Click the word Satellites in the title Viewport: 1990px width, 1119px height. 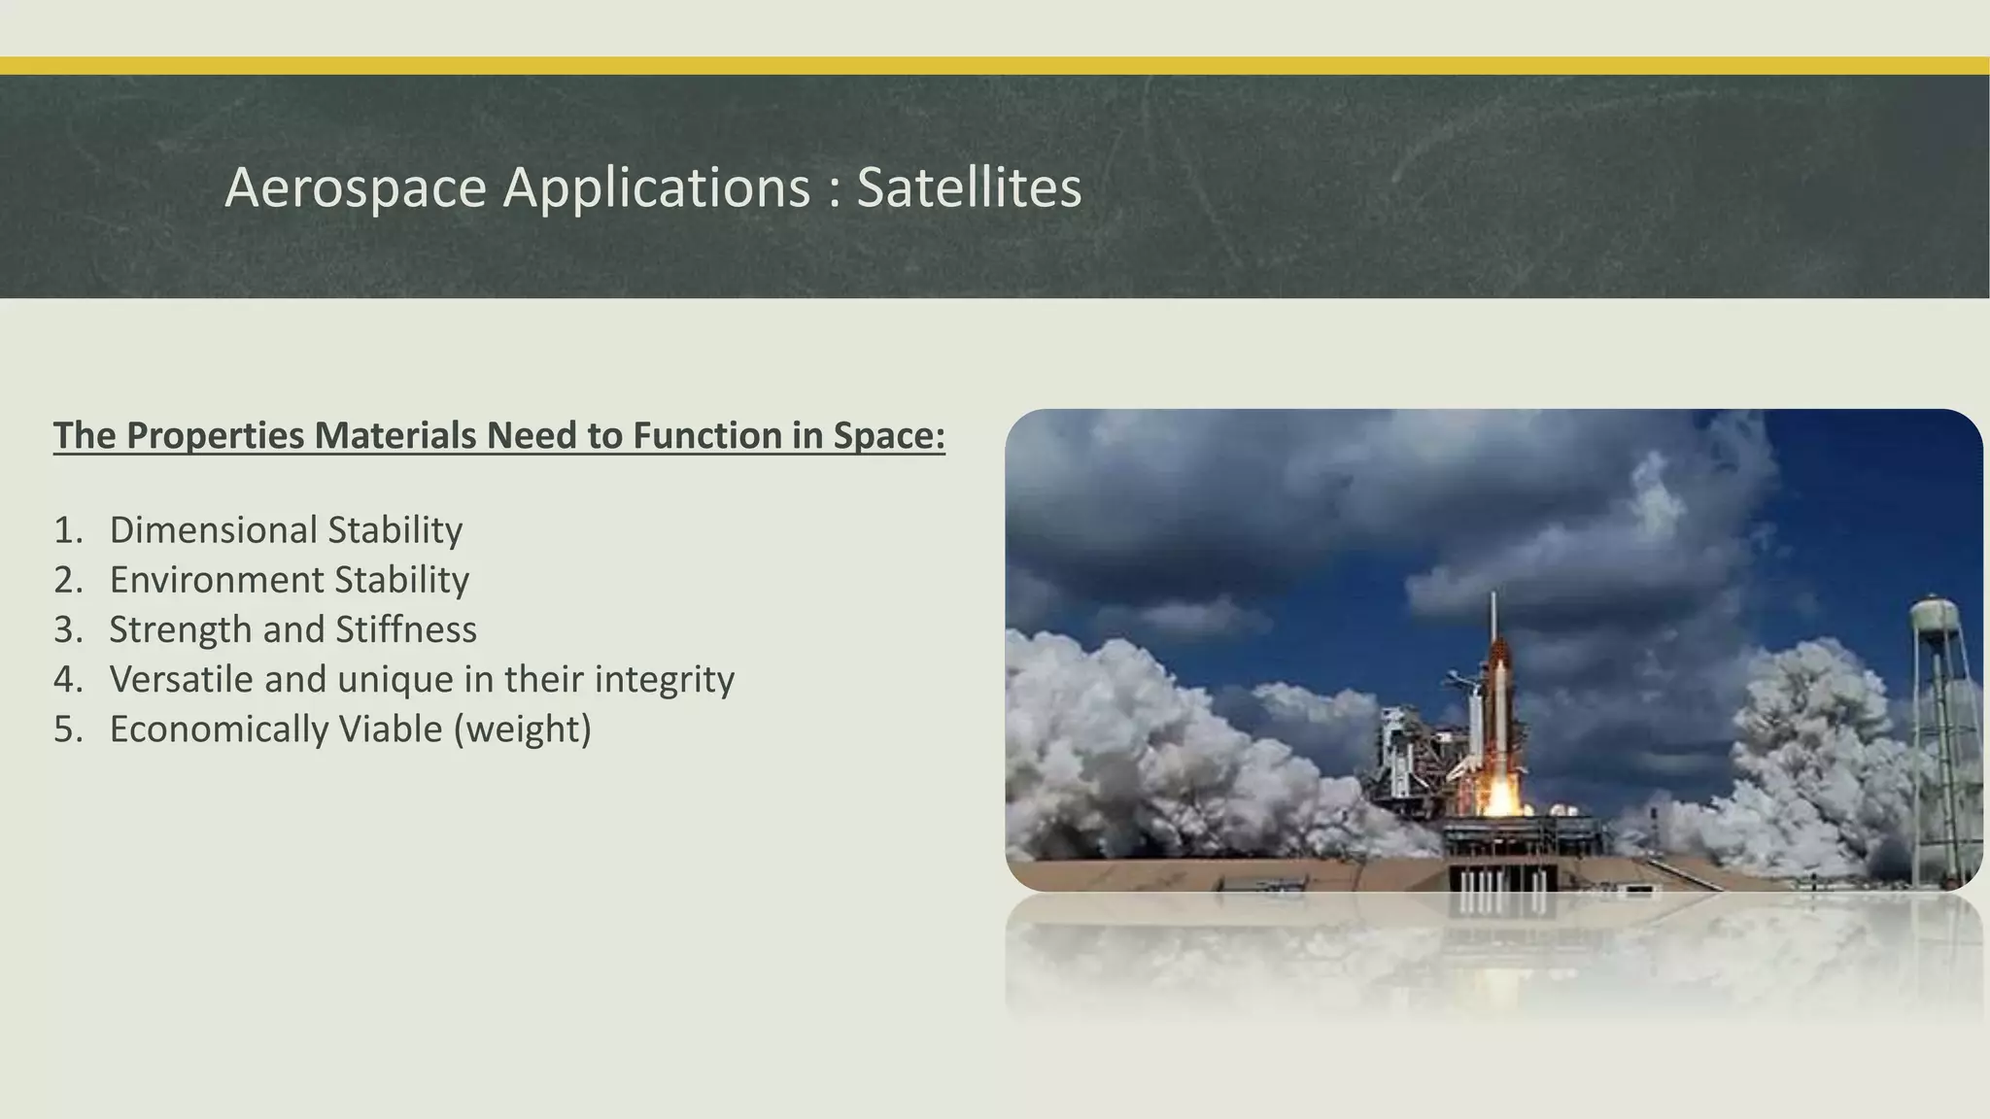pyautogui.click(x=969, y=186)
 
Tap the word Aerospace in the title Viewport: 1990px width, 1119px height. pyautogui.click(x=355, y=186)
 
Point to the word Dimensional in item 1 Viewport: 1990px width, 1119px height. pyautogui.click(x=213, y=530)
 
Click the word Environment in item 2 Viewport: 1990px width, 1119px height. pyautogui.click(x=216, y=580)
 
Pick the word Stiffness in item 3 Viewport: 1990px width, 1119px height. pyautogui.click(x=406, y=629)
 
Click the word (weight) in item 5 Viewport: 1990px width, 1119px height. pyautogui.click(x=523, y=729)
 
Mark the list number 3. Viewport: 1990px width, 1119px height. pyautogui.click(x=67, y=629)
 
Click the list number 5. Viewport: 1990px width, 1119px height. pyautogui.click(x=67, y=729)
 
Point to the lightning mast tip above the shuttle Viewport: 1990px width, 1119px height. pyautogui.click(x=1493, y=597)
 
